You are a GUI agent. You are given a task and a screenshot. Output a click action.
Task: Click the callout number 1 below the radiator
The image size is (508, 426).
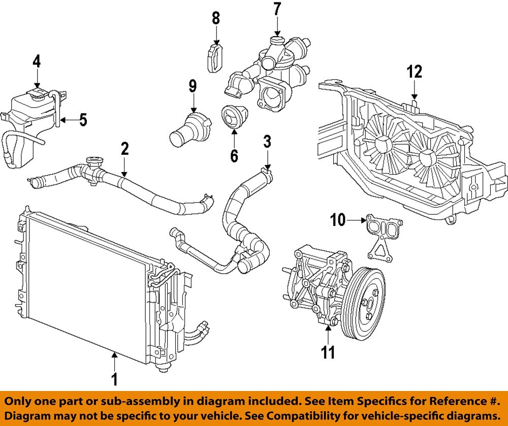tap(114, 379)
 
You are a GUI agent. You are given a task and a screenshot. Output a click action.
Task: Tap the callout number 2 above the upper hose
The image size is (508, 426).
tap(124, 148)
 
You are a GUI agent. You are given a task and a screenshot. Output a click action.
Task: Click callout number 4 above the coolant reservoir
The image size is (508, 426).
tap(37, 61)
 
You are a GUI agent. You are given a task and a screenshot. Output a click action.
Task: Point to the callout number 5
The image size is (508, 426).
tap(83, 120)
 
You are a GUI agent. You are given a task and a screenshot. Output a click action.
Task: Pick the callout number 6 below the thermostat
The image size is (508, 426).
tap(234, 155)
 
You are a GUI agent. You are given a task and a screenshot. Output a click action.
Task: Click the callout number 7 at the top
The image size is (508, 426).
tap(277, 9)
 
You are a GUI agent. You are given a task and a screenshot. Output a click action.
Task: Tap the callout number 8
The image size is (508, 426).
tap(216, 18)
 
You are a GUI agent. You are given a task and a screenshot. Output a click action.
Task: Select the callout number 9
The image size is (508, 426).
tap(193, 85)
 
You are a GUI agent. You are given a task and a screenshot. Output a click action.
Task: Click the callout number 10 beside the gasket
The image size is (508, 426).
tap(338, 220)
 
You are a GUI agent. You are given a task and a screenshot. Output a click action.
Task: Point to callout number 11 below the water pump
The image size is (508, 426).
tap(329, 352)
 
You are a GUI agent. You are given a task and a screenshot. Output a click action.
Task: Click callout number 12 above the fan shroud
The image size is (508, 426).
tap(415, 72)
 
